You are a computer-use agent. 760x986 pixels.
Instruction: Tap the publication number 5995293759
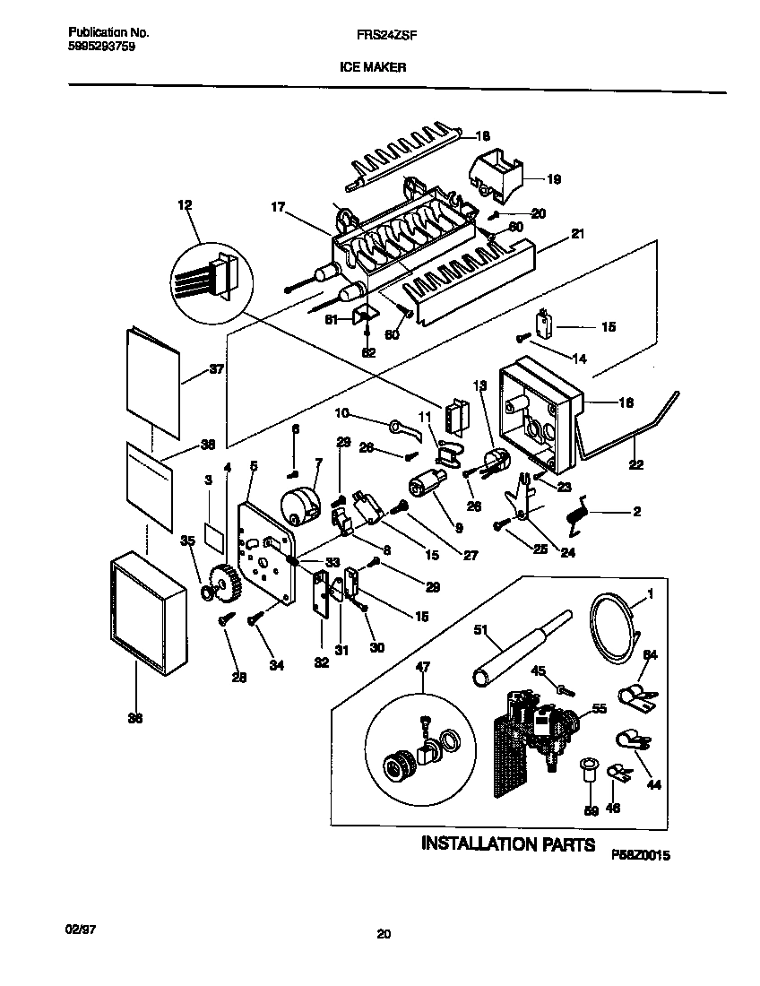(x=102, y=47)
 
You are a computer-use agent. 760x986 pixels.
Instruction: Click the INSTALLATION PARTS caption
(x=507, y=843)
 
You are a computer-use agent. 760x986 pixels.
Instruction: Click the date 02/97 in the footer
(x=81, y=930)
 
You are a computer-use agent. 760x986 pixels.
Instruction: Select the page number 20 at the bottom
(x=383, y=935)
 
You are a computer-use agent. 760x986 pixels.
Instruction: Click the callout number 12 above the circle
(x=186, y=206)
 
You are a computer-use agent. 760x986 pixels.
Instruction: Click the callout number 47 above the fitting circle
(x=422, y=667)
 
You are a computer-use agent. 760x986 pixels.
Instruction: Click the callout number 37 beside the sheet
(x=217, y=368)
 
